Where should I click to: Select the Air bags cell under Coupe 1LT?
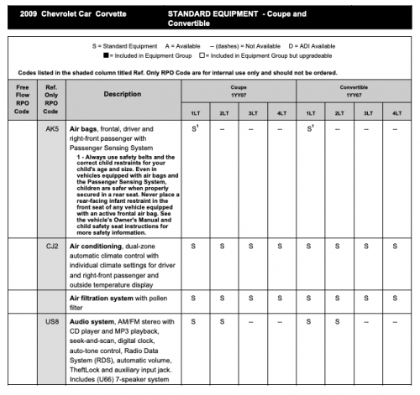coord(194,129)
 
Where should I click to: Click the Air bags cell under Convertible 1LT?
coord(311,129)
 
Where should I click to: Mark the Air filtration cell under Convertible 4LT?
coord(396,297)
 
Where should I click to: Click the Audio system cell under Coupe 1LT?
coord(194,321)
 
